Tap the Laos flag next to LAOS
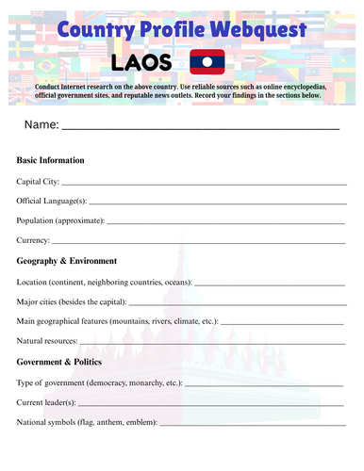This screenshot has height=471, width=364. tap(207, 62)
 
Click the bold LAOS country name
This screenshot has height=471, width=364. tap(141, 63)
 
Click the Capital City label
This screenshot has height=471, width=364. tap(38, 181)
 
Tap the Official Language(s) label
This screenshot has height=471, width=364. tap(52, 201)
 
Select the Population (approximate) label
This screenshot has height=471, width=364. tap(61, 220)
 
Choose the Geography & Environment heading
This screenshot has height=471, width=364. tap(67, 261)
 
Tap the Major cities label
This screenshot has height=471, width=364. tap(41, 301)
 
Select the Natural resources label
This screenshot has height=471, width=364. tap(47, 341)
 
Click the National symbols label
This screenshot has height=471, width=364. tap(87, 422)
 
